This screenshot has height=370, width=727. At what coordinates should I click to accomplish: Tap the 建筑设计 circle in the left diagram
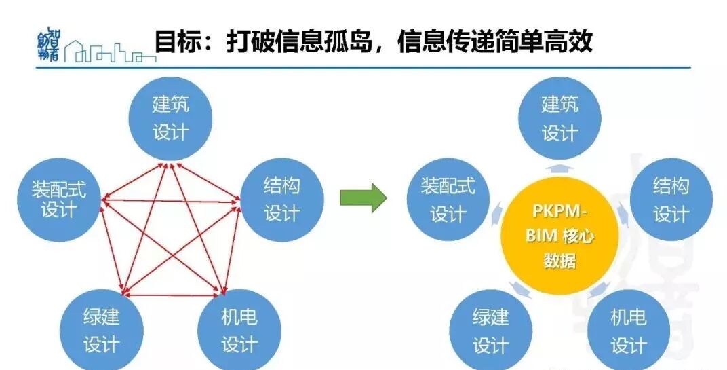(x=170, y=117)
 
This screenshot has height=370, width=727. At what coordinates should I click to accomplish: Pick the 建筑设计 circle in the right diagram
(x=559, y=117)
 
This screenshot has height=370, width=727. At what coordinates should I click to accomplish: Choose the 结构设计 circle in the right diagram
(x=671, y=200)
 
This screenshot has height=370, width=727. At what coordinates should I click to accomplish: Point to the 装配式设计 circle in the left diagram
(x=59, y=198)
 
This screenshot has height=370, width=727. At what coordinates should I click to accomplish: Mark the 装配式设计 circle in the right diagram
(x=448, y=199)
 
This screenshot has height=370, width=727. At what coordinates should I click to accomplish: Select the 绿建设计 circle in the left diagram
(x=101, y=330)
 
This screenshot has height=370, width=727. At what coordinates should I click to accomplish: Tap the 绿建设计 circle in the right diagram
(x=490, y=331)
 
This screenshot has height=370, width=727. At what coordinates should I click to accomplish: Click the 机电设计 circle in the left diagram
(x=239, y=330)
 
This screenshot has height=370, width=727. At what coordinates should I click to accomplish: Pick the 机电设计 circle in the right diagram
(x=628, y=331)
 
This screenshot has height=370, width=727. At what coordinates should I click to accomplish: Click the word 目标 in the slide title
(x=175, y=42)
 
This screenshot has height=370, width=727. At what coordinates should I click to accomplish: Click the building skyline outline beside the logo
(x=109, y=52)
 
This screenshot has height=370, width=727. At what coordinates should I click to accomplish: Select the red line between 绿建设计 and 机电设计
(x=171, y=295)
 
